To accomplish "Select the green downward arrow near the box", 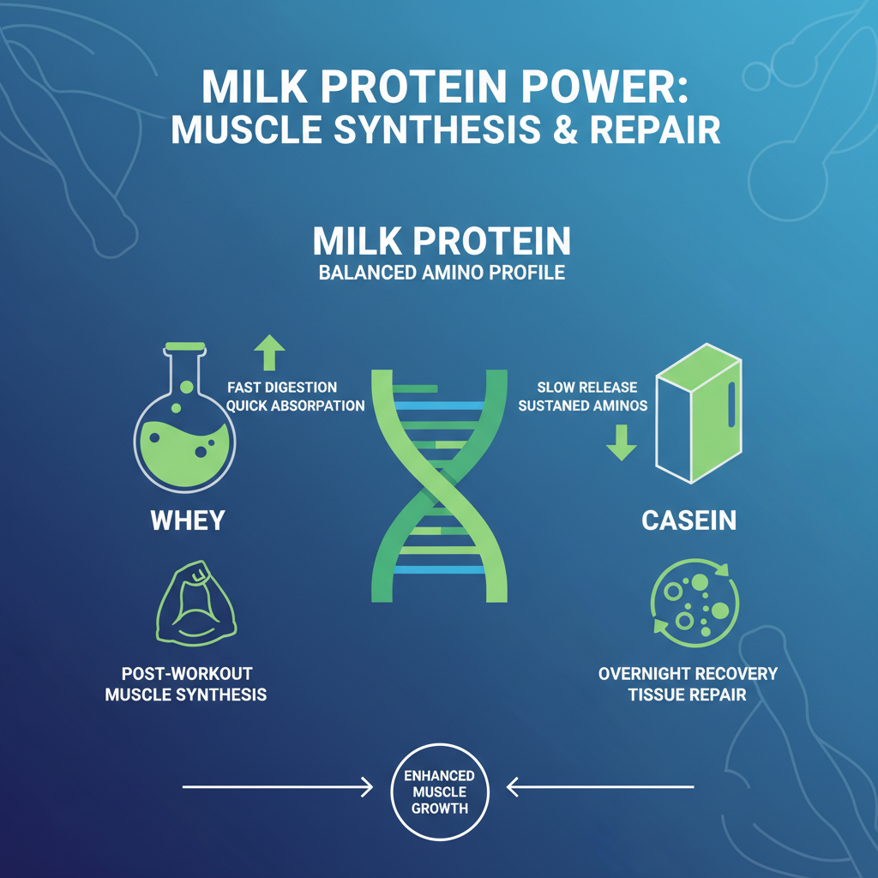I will (621, 441).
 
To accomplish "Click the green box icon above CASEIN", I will (698, 420).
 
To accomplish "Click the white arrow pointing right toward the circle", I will (279, 785).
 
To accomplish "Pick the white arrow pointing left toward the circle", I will (600, 785).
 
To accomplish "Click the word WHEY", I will (187, 521).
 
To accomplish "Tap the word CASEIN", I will (689, 521).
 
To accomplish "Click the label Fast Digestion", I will (282, 388).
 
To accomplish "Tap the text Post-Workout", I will (186, 673).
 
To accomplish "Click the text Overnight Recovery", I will (688, 673).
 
